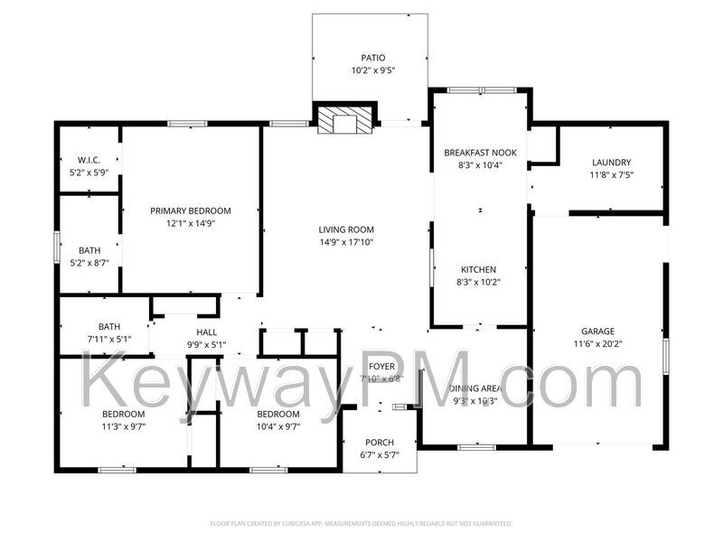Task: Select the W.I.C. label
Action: (89, 160)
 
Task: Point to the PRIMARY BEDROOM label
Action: (190, 210)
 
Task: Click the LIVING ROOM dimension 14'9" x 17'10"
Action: (345, 242)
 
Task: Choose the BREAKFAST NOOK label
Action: (480, 153)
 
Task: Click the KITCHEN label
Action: (479, 269)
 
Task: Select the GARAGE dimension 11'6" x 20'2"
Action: (598, 343)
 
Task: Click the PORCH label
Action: (379, 442)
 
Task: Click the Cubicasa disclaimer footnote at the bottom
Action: (361, 523)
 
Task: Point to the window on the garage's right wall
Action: (666, 352)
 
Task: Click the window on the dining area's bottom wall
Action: (476, 446)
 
